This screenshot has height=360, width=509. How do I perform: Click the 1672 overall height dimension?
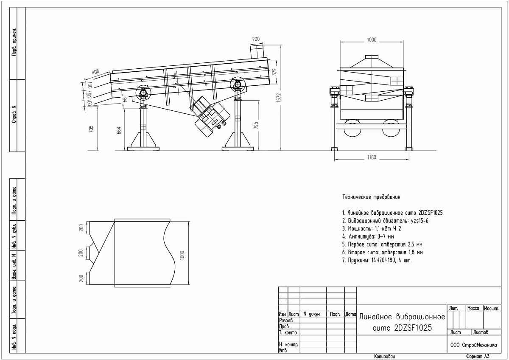click(x=279, y=98)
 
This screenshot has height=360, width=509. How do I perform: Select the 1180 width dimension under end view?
click(x=372, y=157)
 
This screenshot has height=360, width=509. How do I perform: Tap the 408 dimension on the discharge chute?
click(x=96, y=72)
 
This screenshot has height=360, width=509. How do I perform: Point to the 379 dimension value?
click(x=274, y=72)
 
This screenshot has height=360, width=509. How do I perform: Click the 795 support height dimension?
click(x=256, y=126)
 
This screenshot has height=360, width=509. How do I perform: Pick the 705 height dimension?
click(x=91, y=129)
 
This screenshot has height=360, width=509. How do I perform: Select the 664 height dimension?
click(x=119, y=130)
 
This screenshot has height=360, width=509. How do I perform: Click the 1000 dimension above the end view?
click(x=372, y=40)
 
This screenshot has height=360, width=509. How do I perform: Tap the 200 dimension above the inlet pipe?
click(x=256, y=39)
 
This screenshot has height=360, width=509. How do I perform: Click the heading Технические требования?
click(x=371, y=197)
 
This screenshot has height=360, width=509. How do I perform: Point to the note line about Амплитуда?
click(x=368, y=236)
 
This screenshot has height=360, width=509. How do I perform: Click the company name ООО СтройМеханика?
click(x=473, y=345)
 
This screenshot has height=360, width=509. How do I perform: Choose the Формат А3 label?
click(x=478, y=356)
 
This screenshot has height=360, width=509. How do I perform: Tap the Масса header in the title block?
click(x=473, y=308)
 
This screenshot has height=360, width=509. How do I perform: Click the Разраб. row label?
click(x=286, y=321)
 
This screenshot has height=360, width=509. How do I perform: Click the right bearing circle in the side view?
click(x=238, y=84)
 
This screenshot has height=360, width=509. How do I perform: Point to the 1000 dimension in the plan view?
click(x=182, y=255)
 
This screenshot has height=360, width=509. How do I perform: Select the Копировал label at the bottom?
click(x=384, y=356)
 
